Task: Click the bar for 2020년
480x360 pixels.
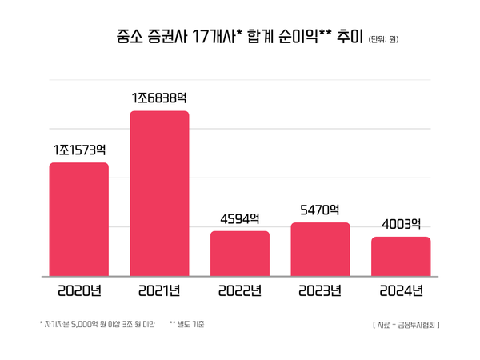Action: tap(79, 219)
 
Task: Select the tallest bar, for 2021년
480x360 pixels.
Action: tap(159, 194)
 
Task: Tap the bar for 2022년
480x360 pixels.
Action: tap(240, 254)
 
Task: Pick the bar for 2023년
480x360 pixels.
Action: tap(320, 249)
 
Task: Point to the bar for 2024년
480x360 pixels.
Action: tap(401, 256)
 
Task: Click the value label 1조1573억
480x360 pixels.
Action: tap(79, 150)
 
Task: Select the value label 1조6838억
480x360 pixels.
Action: tap(159, 98)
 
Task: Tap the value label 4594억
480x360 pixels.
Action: tap(240, 218)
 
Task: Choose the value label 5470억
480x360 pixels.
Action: tap(320, 210)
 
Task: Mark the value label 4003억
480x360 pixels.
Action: tap(401, 224)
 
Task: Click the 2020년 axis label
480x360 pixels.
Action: tap(79, 290)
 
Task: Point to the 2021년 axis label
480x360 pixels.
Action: tap(159, 290)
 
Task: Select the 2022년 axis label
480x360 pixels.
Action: tap(240, 290)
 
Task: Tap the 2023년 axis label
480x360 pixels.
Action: tap(320, 290)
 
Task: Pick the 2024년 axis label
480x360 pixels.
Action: tap(401, 290)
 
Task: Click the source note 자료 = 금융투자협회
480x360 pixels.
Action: tap(406, 325)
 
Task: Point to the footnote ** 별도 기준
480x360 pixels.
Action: tap(187, 324)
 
